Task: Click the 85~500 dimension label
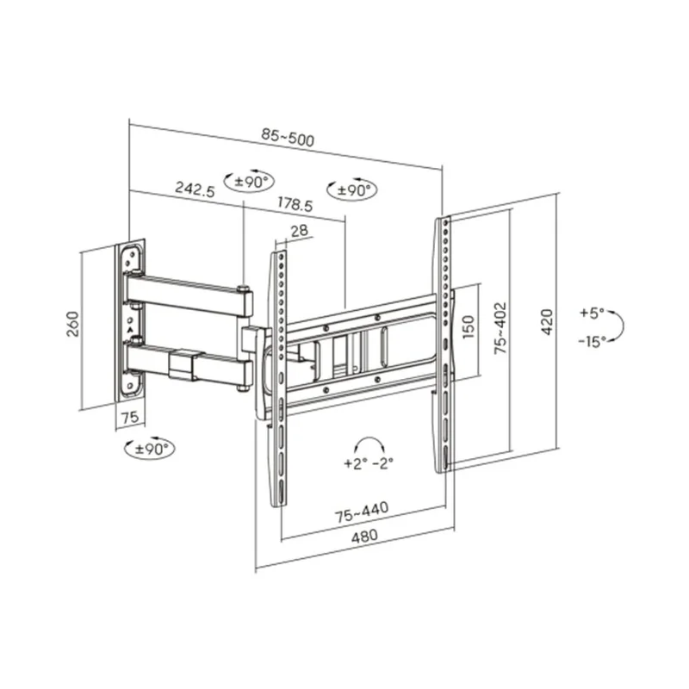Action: tap(288, 137)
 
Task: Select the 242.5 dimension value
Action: tap(195, 189)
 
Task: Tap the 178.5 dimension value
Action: tap(295, 204)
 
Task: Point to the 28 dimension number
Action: tap(299, 231)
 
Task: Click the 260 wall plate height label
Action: tap(72, 324)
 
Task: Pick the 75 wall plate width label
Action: tap(130, 417)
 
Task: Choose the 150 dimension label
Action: tap(469, 326)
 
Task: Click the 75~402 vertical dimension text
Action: tap(500, 328)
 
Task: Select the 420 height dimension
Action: tap(546, 322)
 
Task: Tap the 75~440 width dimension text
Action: tap(362, 512)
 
